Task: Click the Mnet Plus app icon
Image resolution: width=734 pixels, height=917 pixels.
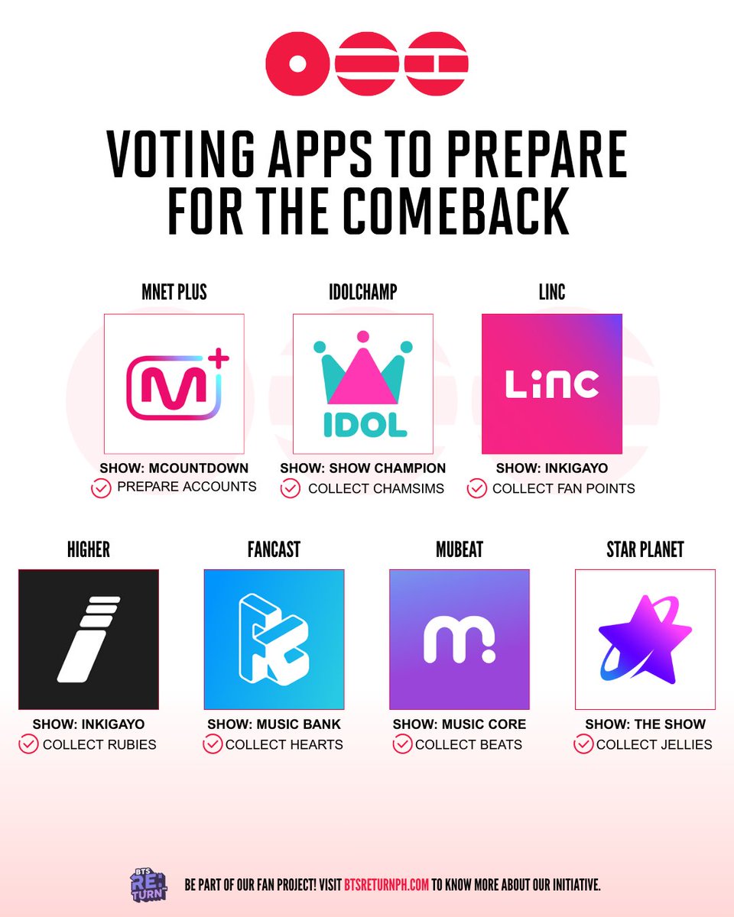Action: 174,384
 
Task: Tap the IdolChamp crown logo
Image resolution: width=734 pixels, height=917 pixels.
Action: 363,384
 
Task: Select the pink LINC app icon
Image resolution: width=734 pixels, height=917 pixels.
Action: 551,384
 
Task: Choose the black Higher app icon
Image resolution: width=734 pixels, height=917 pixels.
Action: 89,640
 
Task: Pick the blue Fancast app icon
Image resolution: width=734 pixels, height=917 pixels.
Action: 274,640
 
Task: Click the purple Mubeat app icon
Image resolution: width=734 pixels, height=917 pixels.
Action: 459,640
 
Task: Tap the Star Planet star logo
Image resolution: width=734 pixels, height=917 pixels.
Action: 645,640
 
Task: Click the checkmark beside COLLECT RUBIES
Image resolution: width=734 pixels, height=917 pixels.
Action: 29,744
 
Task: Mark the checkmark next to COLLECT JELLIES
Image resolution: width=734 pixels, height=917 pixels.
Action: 583,744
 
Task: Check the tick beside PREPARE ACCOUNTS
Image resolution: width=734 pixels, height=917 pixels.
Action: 101,488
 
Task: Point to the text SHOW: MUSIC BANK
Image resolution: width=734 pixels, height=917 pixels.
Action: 274,724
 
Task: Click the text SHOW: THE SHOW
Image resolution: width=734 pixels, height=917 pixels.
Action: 645,724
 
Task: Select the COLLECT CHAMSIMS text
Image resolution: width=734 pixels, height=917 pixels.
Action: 375,488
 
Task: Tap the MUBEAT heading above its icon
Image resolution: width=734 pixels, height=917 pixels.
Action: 459,549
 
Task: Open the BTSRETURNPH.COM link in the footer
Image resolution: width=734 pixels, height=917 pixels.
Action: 385,885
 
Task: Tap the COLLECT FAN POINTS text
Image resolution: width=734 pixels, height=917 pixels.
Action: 563,488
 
